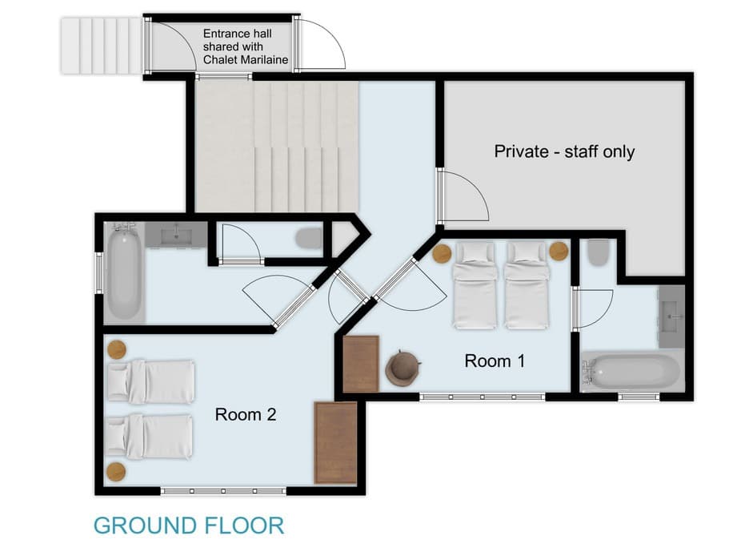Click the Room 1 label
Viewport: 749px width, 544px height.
click(495, 361)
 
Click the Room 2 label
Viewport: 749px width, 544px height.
click(245, 414)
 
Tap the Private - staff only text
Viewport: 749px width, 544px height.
click(564, 151)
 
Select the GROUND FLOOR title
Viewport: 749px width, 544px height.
click(189, 526)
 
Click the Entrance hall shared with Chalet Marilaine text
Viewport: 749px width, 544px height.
click(245, 46)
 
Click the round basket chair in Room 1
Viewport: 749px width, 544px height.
click(403, 368)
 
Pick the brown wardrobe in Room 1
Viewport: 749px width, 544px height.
click(360, 364)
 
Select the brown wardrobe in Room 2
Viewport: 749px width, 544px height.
click(335, 443)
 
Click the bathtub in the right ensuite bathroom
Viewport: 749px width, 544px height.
click(631, 372)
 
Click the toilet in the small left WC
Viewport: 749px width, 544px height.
click(308, 239)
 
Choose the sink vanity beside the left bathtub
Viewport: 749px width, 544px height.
click(175, 235)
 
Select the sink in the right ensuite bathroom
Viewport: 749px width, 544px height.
click(671, 316)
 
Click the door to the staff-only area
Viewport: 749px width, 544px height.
click(463, 195)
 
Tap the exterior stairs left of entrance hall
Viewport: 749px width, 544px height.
click(101, 46)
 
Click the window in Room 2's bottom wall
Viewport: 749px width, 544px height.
click(223, 490)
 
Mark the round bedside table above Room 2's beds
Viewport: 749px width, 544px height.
click(117, 349)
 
